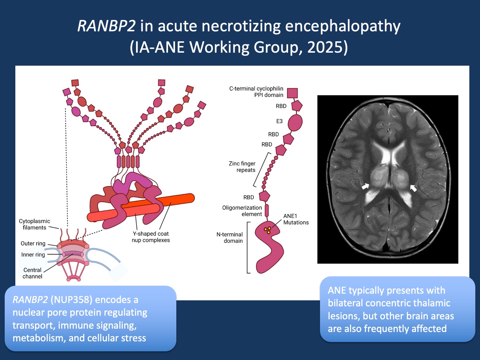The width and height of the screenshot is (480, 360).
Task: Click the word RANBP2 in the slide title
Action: [106, 26]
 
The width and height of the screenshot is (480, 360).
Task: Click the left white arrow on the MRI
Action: [366, 186]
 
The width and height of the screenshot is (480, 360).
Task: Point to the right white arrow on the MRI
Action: [413, 188]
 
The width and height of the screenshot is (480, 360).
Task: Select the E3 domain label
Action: [279, 121]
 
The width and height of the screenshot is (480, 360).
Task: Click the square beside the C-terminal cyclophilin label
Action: [292, 93]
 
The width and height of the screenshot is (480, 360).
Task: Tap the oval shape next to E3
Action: [295, 122]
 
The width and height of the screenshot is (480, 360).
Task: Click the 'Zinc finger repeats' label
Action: [242, 167]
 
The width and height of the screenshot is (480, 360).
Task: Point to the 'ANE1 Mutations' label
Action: [296, 219]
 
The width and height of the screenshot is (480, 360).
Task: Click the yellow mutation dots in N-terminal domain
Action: [268, 230]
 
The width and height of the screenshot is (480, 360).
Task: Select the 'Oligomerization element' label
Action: [242, 211]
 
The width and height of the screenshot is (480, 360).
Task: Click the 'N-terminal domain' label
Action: [230, 238]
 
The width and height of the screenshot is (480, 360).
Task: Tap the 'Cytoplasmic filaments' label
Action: [34, 224]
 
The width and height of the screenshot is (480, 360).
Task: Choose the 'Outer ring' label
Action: [33, 244]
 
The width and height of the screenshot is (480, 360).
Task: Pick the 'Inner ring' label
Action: [33, 255]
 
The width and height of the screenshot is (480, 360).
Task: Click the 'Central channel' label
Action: [32, 273]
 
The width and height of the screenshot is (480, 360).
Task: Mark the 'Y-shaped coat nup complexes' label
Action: [151, 237]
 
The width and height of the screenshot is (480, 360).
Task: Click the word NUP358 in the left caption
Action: [71, 300]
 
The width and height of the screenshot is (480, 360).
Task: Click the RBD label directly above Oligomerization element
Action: [249, 197]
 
